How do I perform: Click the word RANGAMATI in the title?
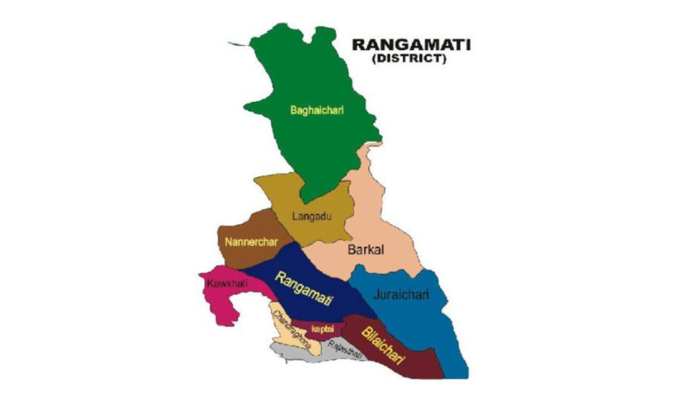tap(410, 45)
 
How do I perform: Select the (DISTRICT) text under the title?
tap(410, 60)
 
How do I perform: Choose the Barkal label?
tap(365, 251)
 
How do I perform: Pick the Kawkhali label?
tap(221, 282)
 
